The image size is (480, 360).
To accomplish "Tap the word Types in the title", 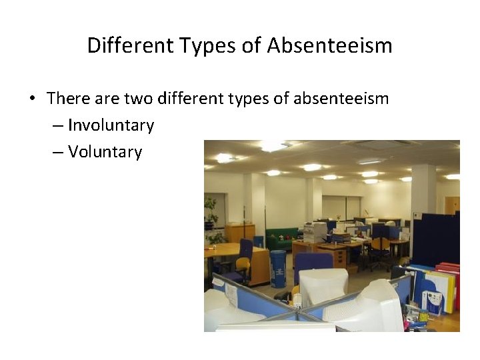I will [201, 46].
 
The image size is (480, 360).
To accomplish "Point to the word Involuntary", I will [111, 125].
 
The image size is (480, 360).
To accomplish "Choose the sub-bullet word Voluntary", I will [105, 152].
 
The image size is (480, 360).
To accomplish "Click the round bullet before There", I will [32, 99].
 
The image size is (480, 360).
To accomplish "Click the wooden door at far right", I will [452, 205].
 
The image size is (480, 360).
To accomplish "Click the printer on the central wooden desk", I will [315, 231].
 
